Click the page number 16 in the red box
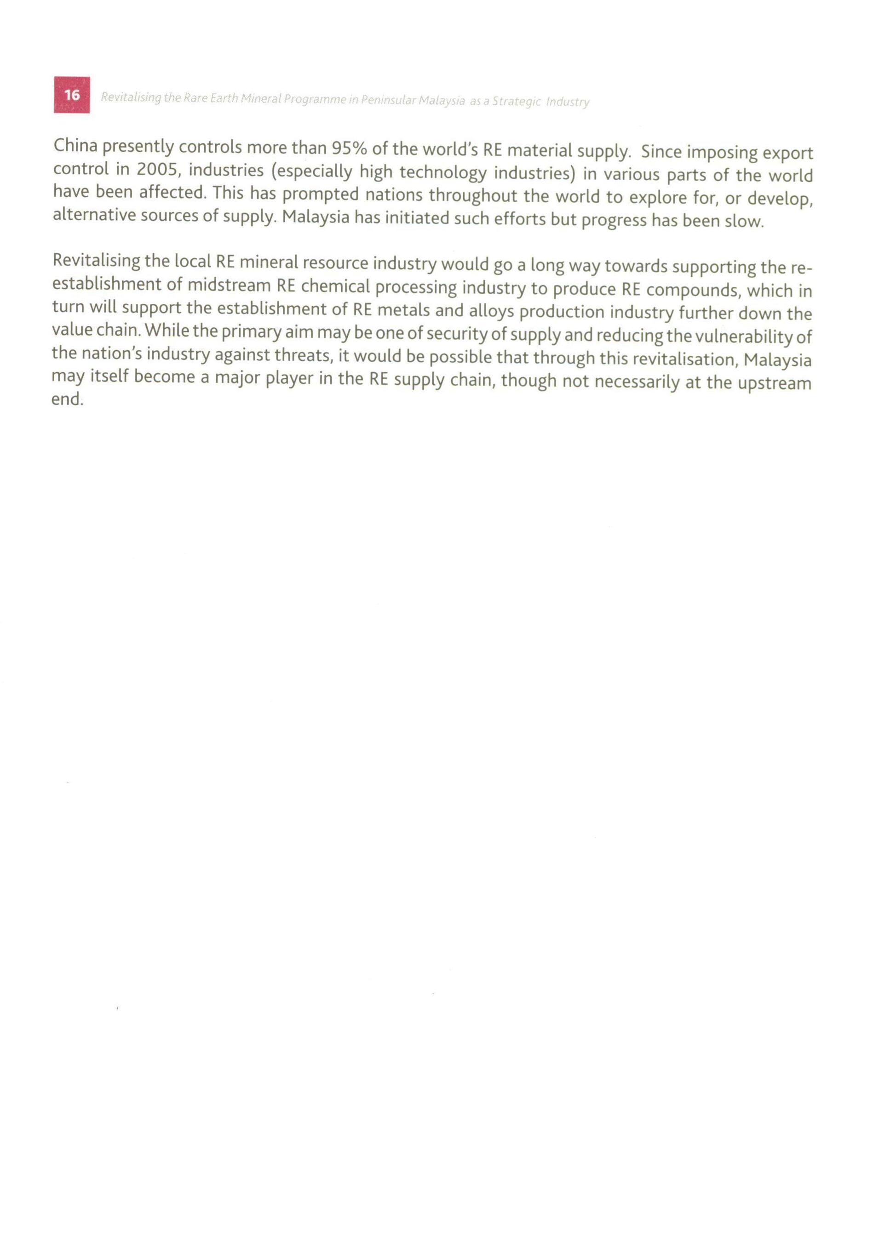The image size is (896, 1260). click(72, 95)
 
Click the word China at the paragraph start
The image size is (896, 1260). click(75, 146)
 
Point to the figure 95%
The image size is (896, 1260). click(349, 148)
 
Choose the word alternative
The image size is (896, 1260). click(94, 216)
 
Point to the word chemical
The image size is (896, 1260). click(335, 287)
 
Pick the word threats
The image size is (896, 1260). click(303, 356)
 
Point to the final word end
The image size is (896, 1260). click(66, 399)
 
